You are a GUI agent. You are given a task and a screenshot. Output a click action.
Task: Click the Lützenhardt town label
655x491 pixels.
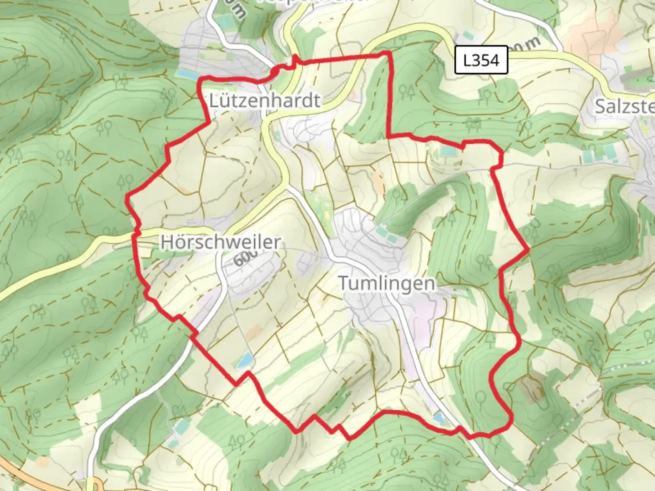tap(265, 100)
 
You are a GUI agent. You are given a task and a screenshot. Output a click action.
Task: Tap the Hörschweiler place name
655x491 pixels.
tap(220, 242)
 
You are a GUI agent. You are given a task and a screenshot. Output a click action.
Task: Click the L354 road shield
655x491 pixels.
tap(481, 60)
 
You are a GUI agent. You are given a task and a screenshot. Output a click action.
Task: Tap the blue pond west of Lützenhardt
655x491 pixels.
tap(187, 74)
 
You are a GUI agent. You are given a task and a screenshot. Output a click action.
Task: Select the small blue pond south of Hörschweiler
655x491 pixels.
tap(244, 361)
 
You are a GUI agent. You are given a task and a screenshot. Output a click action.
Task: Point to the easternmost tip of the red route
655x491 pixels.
tap(529, 249)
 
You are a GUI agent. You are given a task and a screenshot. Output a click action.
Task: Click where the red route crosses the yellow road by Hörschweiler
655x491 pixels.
tap(135, 234)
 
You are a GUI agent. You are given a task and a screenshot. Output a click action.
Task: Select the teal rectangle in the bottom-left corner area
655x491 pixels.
tap(181, 426)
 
